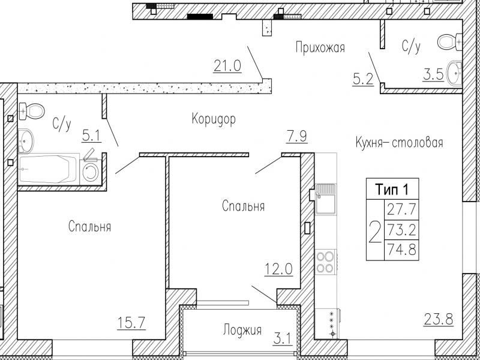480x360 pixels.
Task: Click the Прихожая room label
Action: click(320, 48)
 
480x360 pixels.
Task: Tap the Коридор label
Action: click(214, 119)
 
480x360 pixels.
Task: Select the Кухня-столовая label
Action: click(400, 143)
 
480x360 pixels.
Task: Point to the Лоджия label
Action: click(242, 331)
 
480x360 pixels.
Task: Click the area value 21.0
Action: click(227, 66)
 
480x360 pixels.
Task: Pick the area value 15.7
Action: click(131, 323)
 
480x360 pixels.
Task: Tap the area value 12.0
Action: click(278, 269)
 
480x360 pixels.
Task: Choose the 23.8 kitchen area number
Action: click(439, 319)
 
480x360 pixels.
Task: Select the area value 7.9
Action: click(296, 137)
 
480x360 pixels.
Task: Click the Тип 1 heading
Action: click(392, 190)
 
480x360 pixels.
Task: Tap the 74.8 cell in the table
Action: click(401, 249)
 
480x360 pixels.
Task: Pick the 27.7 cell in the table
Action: click(401, 209)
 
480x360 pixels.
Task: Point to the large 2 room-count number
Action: click(375, 231)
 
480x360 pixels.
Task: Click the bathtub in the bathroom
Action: click(48, 169)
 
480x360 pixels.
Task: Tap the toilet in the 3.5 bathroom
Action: click(449, 42)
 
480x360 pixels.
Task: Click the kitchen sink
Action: click(325, 199)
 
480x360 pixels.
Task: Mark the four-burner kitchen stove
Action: click(325, 262)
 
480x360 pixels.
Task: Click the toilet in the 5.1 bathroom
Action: click(32, 110)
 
